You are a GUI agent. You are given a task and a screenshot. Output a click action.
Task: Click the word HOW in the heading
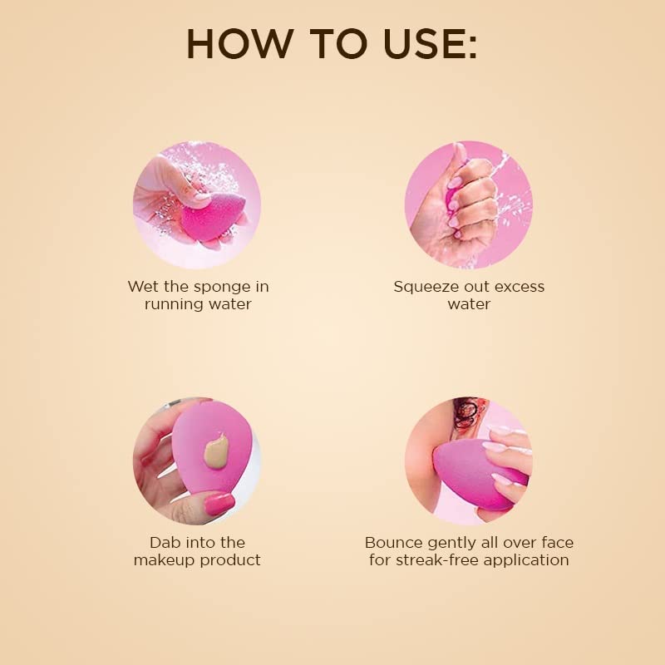[239, 44]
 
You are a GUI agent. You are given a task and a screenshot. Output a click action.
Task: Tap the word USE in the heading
[424, 44]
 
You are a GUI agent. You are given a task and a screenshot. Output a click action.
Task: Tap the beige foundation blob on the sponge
[216, 451]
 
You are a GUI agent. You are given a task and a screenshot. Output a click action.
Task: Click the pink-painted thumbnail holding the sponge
[219, 504]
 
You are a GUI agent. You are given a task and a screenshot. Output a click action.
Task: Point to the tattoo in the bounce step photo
[466, 412]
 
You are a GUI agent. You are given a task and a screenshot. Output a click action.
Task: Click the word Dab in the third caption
[162, 542]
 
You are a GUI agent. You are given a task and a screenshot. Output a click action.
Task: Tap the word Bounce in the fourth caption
[394, 543]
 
